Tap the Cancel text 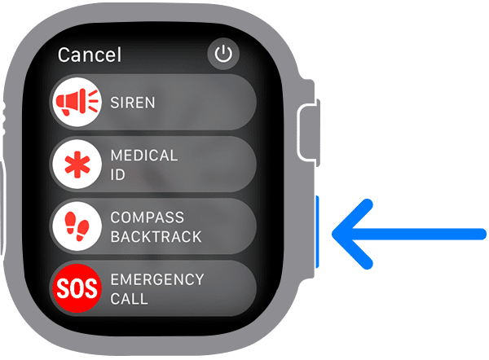pyautogui.click(x=90, y=55)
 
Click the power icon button pyautogui.click(x=223, y=55)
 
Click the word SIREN pyautogui.click(x=132, y=103)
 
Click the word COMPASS pyautogui.click(x=146, y=217)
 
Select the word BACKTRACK pyautogui.click(x=155, y=237)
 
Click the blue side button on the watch pyautogui.click(x=318, y=233)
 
